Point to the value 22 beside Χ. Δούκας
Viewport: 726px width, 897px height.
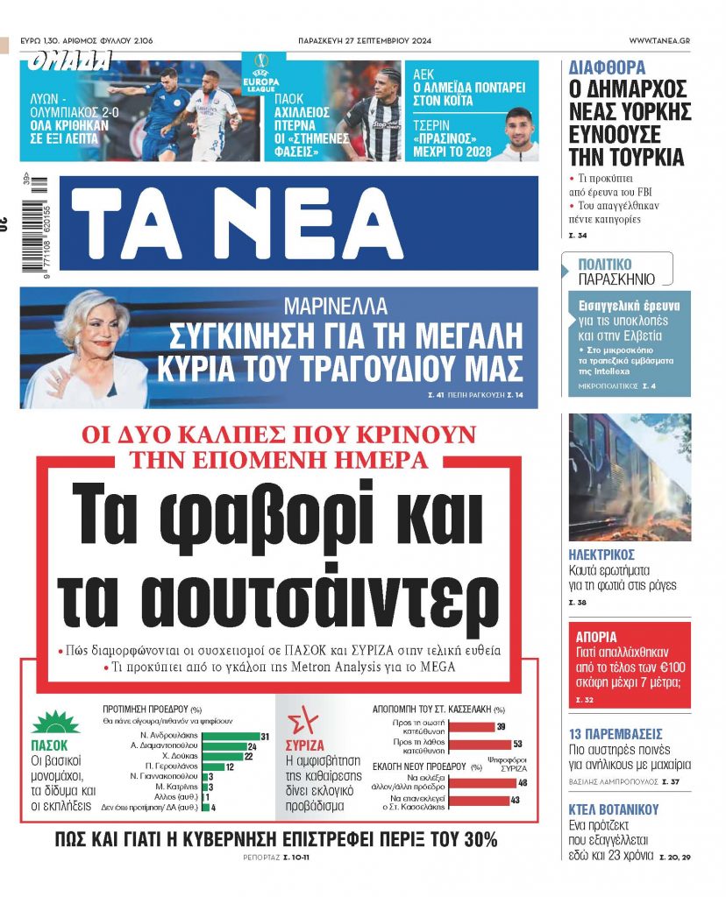tap(247, 756)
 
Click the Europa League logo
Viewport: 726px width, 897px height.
tap(260, 73)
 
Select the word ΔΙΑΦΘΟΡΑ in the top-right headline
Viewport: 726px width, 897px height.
tap(608, 67)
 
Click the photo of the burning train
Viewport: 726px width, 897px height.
tap(630, 477)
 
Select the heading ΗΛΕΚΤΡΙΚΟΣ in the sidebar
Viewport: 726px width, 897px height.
tap(601, 555)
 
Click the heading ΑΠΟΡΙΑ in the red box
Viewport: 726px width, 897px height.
tap(596, 637)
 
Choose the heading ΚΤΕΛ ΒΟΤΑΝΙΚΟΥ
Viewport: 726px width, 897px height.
tap(612, 809)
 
